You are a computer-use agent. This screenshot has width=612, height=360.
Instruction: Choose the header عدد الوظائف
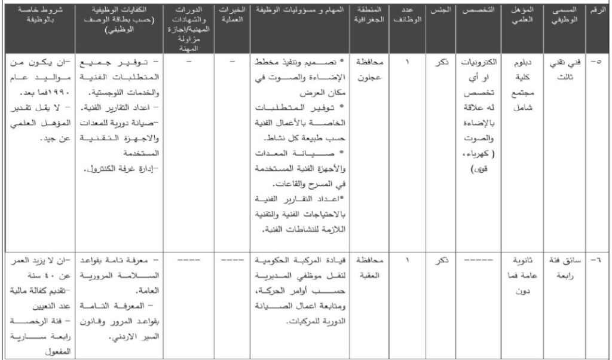click(x=412, y=16)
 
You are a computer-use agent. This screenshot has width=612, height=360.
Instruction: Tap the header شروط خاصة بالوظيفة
click(x=40, y=16)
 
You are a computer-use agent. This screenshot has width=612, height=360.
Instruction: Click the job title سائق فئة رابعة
click(x=563, y=267)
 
